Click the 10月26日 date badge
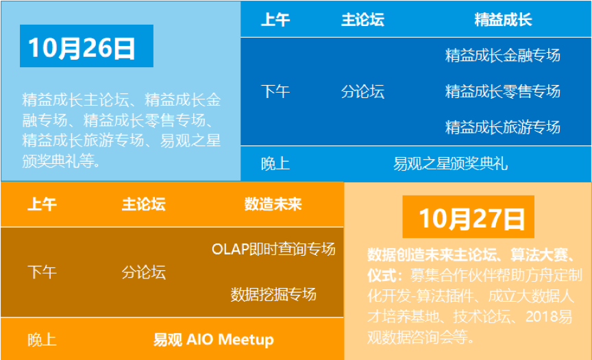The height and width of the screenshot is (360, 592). (x=86, y=46)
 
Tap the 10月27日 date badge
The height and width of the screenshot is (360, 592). (x=468, y=217)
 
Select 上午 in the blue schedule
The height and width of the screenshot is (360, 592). (x=275, y=20)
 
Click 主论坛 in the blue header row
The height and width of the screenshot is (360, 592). (x=362, y=20)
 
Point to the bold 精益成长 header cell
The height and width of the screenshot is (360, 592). (x=503, y=20)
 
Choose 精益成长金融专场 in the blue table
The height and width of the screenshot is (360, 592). (x=502, y=55)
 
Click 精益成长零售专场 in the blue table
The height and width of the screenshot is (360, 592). (x=502, y=91)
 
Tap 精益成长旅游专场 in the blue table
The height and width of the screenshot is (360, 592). (x=502, y=128)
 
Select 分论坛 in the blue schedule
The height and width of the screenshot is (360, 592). (x=362, y=91)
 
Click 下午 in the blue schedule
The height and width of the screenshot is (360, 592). (x=275, y=91)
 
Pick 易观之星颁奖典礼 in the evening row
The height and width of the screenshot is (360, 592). (x=450, y=164)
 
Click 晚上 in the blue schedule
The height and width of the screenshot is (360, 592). (x=275, y=164)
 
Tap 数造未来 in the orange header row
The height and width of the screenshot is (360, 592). (x=273, y=204)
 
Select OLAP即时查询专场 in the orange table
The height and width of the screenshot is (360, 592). (x=273, y=249)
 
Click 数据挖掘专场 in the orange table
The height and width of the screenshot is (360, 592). (x=273, y=294)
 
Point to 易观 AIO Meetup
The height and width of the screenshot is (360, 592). (x=213, y=339)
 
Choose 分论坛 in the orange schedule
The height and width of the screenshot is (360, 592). (x=143, y=272)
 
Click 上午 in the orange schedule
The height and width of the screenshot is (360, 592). (x=42, y=204)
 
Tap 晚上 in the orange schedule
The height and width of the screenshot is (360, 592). (x=42, y=339)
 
